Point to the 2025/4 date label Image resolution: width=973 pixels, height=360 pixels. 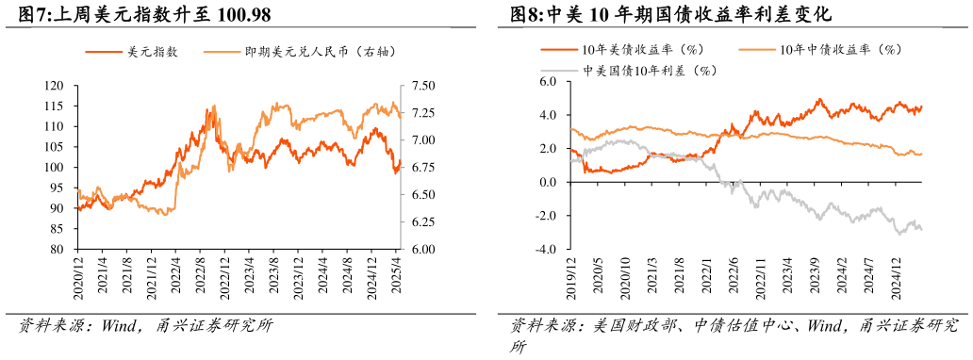tap(399, 280)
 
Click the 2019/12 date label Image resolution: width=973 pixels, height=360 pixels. tap(571, 278)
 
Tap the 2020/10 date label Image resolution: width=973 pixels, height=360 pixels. tap(625, 278)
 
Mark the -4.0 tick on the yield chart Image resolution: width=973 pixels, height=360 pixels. tap(548, 250)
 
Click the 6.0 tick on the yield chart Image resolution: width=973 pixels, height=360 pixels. tap(550, 82)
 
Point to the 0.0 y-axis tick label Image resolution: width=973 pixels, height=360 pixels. tap(550, 183)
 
